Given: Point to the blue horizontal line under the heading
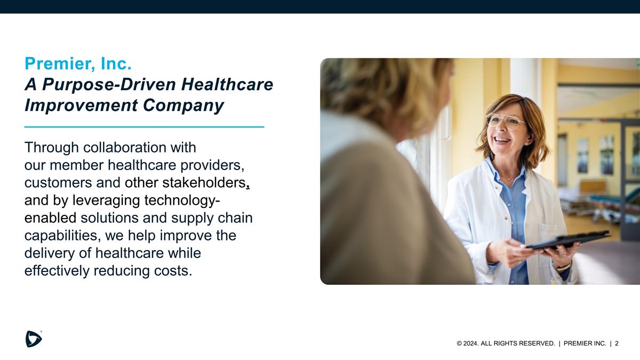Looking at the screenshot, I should click(x=144, y=127).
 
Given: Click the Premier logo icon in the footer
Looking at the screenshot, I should click(x=34, y=339).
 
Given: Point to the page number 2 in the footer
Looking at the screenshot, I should click(x=617, y=343).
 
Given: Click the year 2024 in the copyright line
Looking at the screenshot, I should click(x=471, y=343).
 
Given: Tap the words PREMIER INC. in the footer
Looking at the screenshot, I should click(x=585, y=343).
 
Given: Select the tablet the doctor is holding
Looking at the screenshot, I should click(x=568, y=240).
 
